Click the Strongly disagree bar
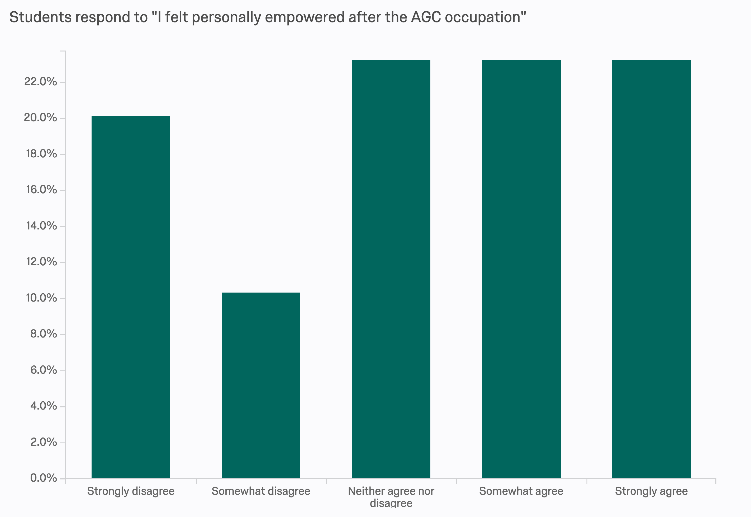point(131,297)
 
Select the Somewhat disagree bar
point(261,385)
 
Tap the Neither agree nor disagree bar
point(391,269)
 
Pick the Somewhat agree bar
point(521,269)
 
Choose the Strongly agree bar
point(651,269)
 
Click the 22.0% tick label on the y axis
point(40,82)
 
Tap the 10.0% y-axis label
point(41,298)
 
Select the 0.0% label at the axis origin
point(43,478)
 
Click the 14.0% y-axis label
point(41,226)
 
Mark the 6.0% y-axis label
point(43,370)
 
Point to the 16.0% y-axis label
point(41,190)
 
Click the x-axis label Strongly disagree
point(131,491)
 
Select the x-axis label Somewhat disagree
point(261,491)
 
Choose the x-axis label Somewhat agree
point(521,491)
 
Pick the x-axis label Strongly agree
point(651,491)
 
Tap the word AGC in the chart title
point(426,17)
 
